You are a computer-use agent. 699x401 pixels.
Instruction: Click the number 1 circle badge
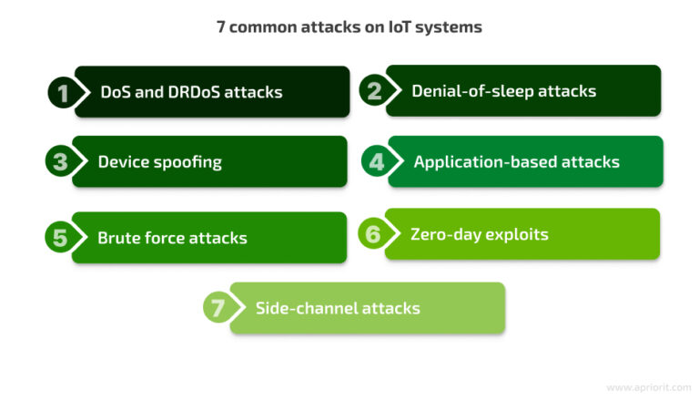tap(62, 92)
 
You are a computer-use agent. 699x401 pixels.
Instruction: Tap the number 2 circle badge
tap(373, 90)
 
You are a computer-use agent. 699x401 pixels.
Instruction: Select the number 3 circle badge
tap(59, 162)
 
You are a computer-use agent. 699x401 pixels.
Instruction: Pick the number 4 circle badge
tap(375, 161)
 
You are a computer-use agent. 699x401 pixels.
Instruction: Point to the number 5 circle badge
tap(59, 238)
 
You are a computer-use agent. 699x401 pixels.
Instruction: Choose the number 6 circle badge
tap(372, 234)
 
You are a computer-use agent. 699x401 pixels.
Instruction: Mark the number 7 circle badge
tap(218, 308)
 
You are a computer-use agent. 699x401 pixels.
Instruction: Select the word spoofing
tap(187, 162)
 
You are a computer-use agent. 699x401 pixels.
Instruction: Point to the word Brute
tap(117, 238)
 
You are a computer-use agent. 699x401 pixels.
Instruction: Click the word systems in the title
tap(452, 27)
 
